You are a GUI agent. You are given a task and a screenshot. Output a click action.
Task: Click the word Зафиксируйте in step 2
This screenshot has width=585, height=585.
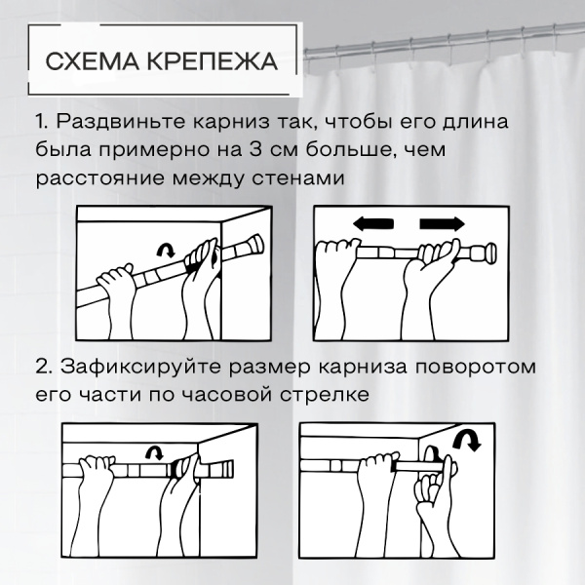[x=140, y=368]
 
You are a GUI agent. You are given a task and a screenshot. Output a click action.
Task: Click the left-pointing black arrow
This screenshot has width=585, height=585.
[x=373, y=224]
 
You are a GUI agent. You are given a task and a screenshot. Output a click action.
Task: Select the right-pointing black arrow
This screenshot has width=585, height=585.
[x=442, y=224]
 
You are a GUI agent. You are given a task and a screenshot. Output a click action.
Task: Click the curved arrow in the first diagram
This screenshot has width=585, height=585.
[x=166, y=251]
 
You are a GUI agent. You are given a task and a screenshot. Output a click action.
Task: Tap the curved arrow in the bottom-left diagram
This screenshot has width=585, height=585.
[x=155, y=452]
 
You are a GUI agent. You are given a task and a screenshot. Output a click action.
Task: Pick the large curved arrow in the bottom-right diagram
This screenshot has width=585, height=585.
[x=467, y=439]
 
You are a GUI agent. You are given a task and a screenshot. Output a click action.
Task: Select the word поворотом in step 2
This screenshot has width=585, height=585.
[x=476, y=368]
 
